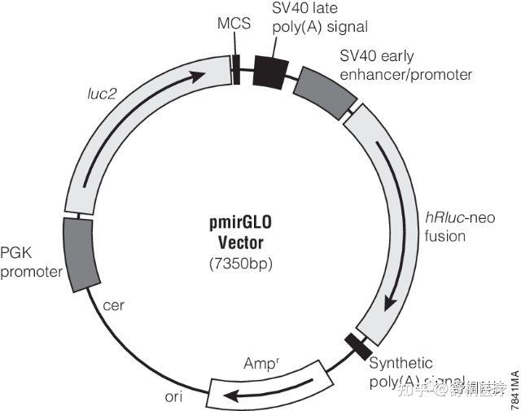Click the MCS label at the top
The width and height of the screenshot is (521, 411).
[229, 24]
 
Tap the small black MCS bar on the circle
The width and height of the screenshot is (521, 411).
[236, 68]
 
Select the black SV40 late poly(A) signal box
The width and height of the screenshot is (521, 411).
[269, 71]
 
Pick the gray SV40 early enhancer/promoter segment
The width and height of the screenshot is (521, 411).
[324, 90]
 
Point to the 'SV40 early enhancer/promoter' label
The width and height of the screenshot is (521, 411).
[405, 65]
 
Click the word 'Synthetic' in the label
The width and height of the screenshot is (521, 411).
[401, 363]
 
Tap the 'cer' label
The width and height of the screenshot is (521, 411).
[114, 307]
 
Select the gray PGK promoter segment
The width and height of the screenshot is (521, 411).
[80, 254]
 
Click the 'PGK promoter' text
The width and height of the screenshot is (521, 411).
[31, 262]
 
